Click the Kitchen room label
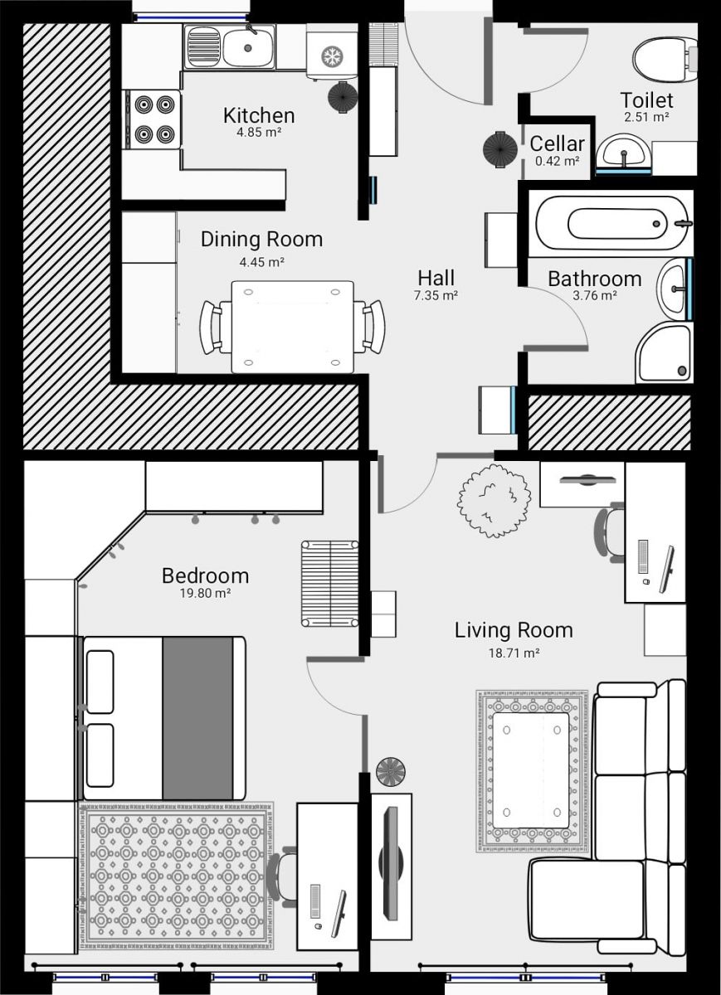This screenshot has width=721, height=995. click(x=259, y=115)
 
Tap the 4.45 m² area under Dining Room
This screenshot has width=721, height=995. click(x=262, y=262)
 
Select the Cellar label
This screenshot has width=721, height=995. click(x=557, y=144)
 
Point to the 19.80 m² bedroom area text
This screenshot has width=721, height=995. click(x=205, y=593)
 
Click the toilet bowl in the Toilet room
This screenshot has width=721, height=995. click(x=665, y=60)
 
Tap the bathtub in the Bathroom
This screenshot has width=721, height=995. click(x=614, y=223)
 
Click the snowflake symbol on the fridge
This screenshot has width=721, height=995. click(x=330, y=56)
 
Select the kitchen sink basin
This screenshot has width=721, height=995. click(x=248, y=47)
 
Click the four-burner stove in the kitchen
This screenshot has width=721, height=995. click(x=153, y=119)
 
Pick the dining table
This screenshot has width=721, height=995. click(x=293, y=327)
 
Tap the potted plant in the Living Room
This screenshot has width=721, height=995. click(x=494, y=501)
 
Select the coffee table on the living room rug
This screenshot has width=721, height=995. click(x=531, y=770)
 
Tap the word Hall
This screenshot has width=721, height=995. click(x=436, y=279)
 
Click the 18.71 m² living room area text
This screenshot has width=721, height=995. click(x=514, y=653)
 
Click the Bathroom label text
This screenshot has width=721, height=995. click(x=595, y=279)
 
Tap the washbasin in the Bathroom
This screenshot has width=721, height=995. click(x=675, y=289)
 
